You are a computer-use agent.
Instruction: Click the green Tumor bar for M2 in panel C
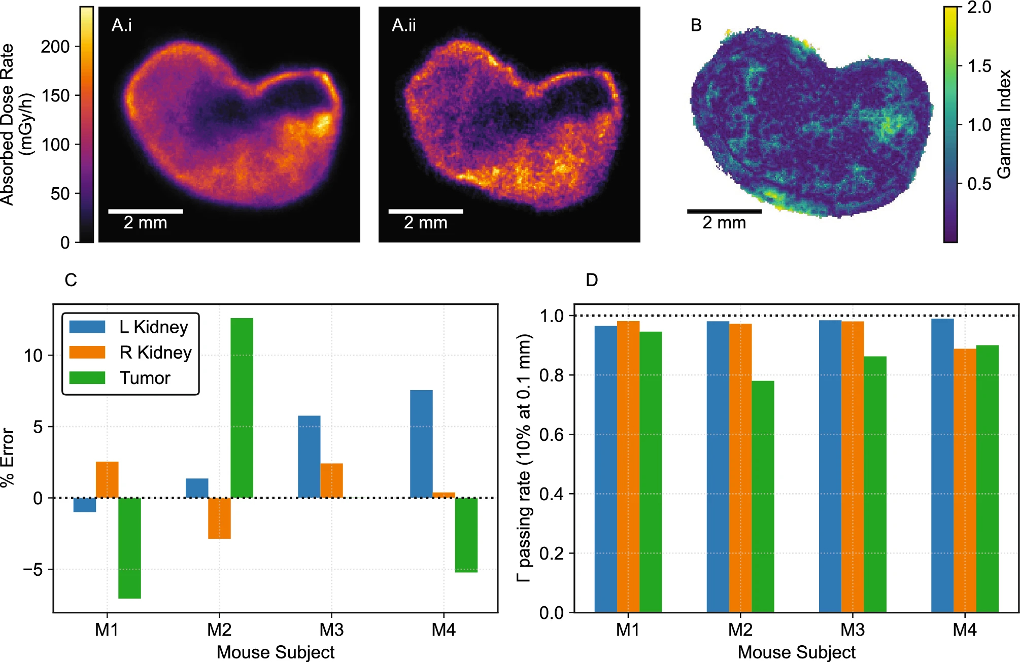[x=242, y=408]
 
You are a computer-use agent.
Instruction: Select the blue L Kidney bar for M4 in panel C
[x=421, y=444]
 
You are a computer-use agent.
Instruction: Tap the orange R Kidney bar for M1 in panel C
[x=107, y=479]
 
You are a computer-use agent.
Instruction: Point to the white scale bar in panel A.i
[x=146, y=211]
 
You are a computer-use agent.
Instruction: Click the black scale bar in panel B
[x=724, y=211]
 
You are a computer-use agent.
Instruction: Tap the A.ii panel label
[x=403, y=25]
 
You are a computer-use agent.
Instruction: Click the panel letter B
[x=696, y=25]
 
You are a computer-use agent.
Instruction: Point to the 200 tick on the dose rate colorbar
[x=55, y=47]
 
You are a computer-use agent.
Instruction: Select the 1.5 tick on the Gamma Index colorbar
[x=979, y=66]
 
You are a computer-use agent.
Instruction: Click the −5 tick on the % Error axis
[x=33, y=570]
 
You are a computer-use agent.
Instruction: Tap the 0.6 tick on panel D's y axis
[x=552, y=435]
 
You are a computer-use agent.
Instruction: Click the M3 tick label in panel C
[x=331, y=630]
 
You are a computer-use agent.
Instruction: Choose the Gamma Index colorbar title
[x=1004, y=124]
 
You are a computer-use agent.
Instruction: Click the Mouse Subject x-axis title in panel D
[x=796, y=652]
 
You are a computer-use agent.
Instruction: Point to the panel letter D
[x=592, y=280]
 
